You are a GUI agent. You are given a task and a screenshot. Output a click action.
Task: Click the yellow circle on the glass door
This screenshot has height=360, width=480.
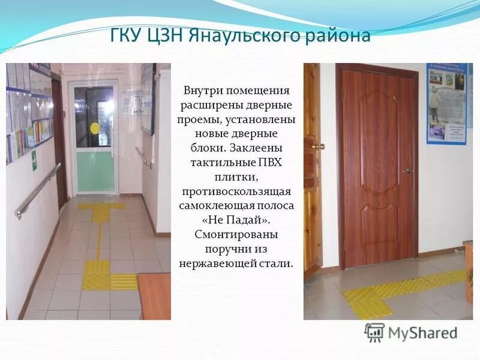(x=95, y=127)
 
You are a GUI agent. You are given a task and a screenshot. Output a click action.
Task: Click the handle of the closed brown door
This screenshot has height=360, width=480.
(x=407, y=170)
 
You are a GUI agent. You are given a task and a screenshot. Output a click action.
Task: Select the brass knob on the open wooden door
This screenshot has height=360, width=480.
(x=320, y=146)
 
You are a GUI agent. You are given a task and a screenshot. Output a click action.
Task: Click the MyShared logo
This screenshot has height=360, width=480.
(x=411, y=332)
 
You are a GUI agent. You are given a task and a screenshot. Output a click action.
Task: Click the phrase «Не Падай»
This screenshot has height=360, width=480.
(x=236, y=220)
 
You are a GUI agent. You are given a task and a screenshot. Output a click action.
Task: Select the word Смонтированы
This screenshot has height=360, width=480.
(x=236, y=234)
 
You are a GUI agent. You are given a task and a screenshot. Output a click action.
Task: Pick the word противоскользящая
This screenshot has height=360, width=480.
(x=236, y=191)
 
